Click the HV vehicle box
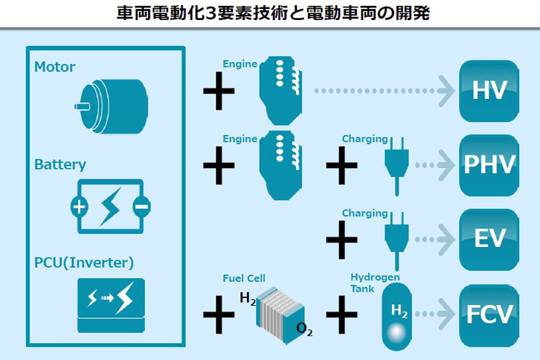[489, 91]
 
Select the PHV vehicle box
[489, 164]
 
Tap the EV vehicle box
[489, 239]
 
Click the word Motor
[54, 67]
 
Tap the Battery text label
[60, 164]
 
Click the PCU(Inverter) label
[84, 263]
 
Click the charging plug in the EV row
[393, 239]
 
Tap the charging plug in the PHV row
[393, 164]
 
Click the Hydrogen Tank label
[375, 283]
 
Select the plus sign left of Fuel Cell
[219, 313]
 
